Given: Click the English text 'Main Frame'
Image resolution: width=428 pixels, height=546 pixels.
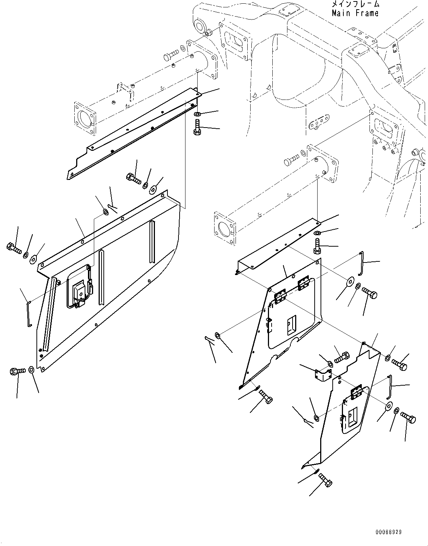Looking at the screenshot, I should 354,13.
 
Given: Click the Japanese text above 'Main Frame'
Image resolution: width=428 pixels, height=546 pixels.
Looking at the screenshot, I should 354,4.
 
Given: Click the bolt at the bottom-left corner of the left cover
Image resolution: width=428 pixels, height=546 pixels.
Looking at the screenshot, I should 17,370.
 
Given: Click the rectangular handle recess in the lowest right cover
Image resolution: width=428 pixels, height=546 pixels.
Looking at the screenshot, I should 353,415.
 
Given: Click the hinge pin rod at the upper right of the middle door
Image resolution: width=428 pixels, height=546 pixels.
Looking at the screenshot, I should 362,262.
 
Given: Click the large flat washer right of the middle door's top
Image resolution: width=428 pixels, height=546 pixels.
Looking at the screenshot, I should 349,281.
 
